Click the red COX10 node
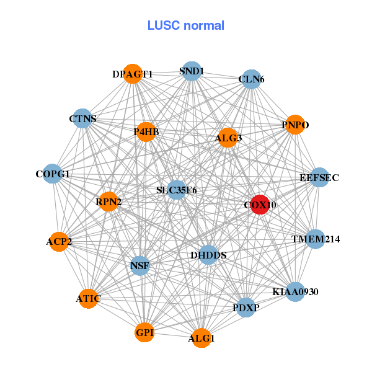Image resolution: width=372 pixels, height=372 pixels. [260, 205]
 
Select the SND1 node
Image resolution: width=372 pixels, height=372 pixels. [192, 71]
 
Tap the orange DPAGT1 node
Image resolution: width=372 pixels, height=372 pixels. [133, 74]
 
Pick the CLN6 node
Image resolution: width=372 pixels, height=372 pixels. [251, 79]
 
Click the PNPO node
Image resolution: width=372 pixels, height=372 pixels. [294, 125]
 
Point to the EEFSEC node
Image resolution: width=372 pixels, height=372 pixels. [319, 178]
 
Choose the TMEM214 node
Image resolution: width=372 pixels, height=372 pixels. [316, 239]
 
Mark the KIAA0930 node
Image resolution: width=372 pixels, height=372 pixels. [295, 291]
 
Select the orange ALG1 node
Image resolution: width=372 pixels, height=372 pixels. [201, 338]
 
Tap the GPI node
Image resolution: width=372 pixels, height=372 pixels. [144, 333]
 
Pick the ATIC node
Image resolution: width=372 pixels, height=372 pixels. [88, 299]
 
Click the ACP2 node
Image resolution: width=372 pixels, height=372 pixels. [59, 241]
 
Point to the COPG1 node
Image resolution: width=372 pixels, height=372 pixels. [53, 174]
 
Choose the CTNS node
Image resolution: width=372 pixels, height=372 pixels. [82, 118]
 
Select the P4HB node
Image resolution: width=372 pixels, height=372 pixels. [146, 131]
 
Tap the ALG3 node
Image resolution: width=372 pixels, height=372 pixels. [228, 138]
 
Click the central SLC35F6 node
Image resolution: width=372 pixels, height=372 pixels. [177, 190]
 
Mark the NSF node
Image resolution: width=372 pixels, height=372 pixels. [139, 266]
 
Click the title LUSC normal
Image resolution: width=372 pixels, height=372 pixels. [186, 25]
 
